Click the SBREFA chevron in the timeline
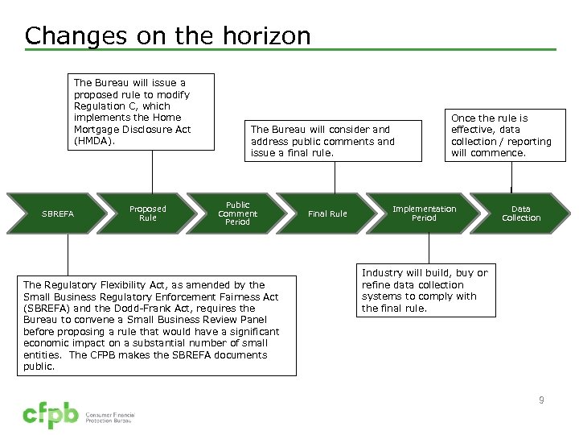pos(58,213)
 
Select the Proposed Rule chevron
pos(148,213)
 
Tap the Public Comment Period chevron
pos(238,213)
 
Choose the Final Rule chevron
pos(328,213)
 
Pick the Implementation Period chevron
pos(424,213)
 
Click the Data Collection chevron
pos(521,213)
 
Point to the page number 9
pos(541,400)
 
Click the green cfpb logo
pos(50,416)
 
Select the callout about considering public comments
pos(331,141)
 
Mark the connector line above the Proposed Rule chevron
pos(152,171)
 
